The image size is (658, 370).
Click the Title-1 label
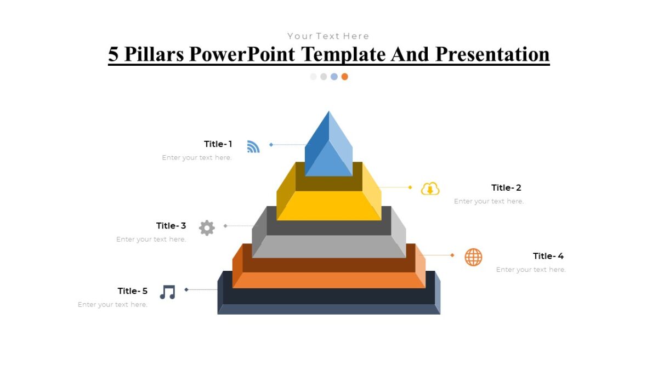(218, 144)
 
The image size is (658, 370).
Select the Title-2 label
(506, 187)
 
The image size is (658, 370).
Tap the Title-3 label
(171, 226)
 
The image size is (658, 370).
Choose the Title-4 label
(548, 256)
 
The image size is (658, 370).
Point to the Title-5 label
(133, 291)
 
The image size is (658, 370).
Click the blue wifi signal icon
(253, 146)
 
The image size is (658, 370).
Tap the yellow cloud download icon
(430, 189)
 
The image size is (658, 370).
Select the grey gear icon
(207, 227)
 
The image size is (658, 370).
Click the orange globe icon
(473, 257)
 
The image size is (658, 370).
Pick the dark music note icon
(167, 292)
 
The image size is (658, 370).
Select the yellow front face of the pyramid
(329, 206)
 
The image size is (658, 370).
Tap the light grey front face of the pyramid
(329, 247)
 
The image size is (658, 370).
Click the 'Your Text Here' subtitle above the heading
(328, 36)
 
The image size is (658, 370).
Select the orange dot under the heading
(344, 77)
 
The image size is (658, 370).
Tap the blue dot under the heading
(334, 77)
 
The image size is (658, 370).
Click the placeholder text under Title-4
(531, 270)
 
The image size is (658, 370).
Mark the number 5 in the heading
(114, 54)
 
